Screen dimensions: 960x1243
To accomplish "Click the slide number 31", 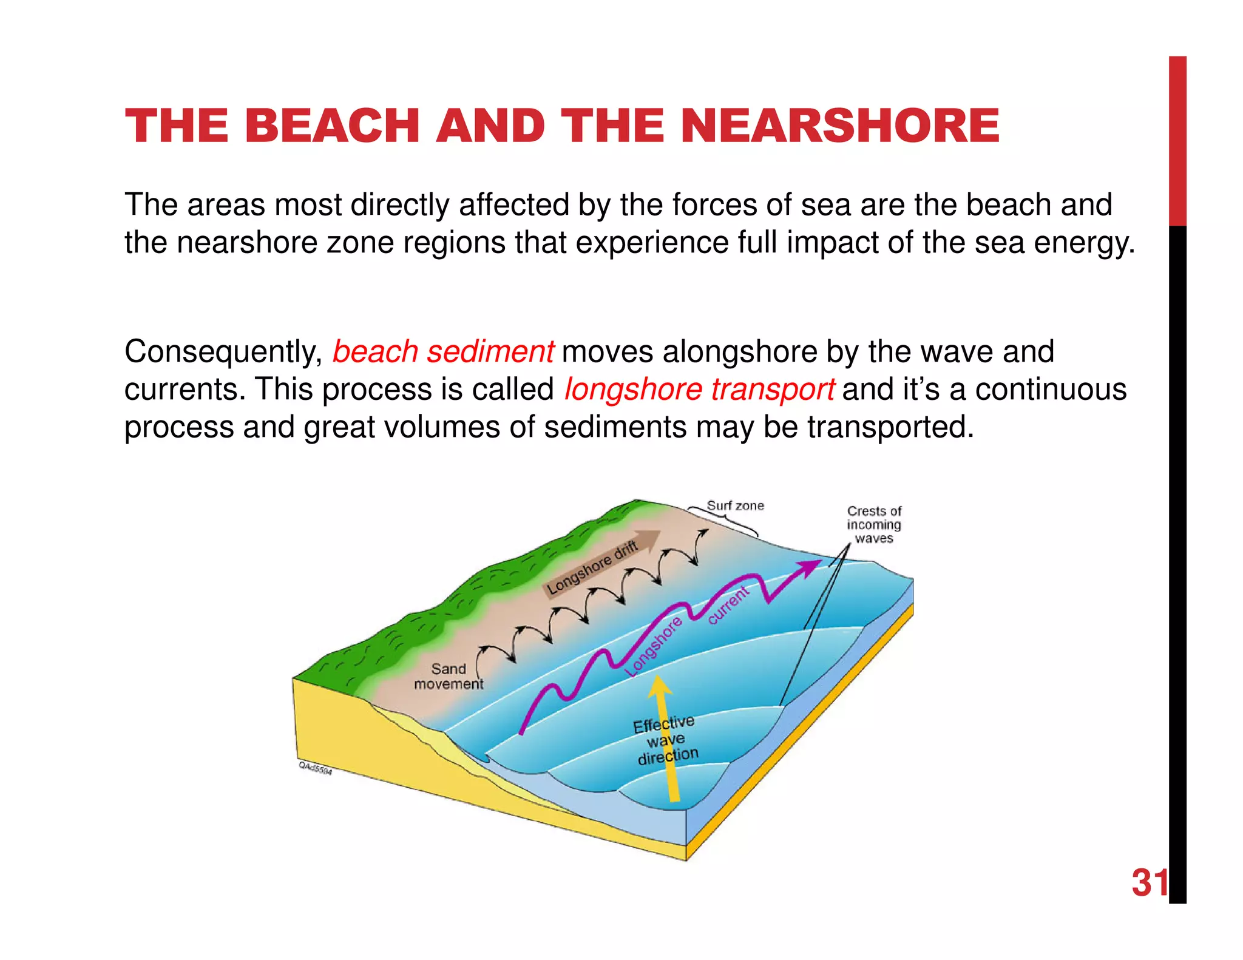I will pyautogui.click(x=1149, y=883).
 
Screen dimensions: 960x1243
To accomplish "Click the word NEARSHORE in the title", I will pyautogui.click(x=840, y=126).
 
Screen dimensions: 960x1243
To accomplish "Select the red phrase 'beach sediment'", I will pyautogui.click(x=443, y=352).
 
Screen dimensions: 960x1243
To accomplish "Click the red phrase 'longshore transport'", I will pyautogui.click(x=699, y=390).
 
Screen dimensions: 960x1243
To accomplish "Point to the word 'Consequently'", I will pyautogui.click(x=223, y=352).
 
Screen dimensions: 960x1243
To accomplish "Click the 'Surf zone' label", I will pyautogui.click(x=735, y=505).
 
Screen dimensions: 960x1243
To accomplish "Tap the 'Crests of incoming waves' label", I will pyautogui.click(x=874, y=524).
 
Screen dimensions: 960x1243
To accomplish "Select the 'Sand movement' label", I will pyautogui.click(x=449, y=676).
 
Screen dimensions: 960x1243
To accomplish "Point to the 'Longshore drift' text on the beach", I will pyautogui.click(x=592, y=568).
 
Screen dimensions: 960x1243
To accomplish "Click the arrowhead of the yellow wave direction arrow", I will pyautogui.click(x=659, y=686).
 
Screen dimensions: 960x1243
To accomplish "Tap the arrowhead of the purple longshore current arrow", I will pyautogui.click(x=810, y=567).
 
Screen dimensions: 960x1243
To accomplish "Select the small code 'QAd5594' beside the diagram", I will pyautogui.click(x=315, y=768).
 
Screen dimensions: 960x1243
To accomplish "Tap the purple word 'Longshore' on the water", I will pyautogui.click(x=654, y=647).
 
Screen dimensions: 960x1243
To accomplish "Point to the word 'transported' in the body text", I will pyautogui.click(x=890, y=427).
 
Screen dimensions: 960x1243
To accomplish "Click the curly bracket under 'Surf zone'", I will pyautogui.click(x=725, y=521).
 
